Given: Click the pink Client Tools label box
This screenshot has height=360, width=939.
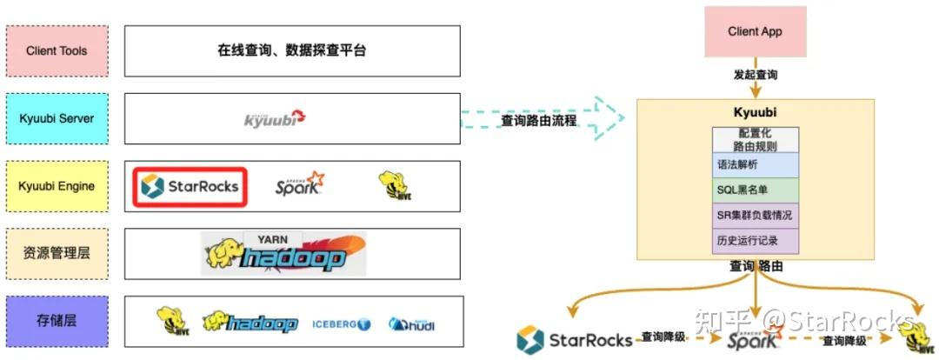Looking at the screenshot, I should (57, 50).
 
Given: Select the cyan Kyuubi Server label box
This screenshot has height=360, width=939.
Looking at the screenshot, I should (57, 118).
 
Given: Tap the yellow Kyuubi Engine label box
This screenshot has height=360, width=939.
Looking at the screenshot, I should (57, 185).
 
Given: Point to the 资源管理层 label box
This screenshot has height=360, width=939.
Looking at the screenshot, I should (57, 253).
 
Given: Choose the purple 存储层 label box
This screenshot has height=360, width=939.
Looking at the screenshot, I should (57, 320).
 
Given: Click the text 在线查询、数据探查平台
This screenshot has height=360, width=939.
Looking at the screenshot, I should (292, 50).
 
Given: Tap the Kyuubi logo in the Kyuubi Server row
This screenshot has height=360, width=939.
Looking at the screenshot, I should (275, 118).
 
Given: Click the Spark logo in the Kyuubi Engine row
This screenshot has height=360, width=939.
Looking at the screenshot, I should (299, 184).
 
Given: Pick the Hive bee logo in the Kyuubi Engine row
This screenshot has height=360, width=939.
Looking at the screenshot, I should (394, 185).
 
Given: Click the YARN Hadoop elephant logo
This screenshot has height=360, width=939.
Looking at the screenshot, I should (284, 252).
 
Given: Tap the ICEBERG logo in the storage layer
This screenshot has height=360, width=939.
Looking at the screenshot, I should (341, 324).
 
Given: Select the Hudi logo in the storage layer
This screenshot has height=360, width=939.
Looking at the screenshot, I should (411, 324).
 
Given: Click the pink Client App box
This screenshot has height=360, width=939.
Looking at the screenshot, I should (755, 32).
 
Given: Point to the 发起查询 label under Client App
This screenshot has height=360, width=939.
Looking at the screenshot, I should (755, 75).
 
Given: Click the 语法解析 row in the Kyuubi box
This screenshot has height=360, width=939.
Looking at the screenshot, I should (755, 164).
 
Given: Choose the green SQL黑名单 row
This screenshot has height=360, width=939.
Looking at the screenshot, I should (755, 190).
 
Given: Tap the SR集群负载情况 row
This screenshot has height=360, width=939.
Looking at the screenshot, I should (755, 215).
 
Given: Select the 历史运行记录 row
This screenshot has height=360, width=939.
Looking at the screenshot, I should (755, 240).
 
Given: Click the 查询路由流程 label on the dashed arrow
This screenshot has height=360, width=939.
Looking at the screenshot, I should (538, 121).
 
